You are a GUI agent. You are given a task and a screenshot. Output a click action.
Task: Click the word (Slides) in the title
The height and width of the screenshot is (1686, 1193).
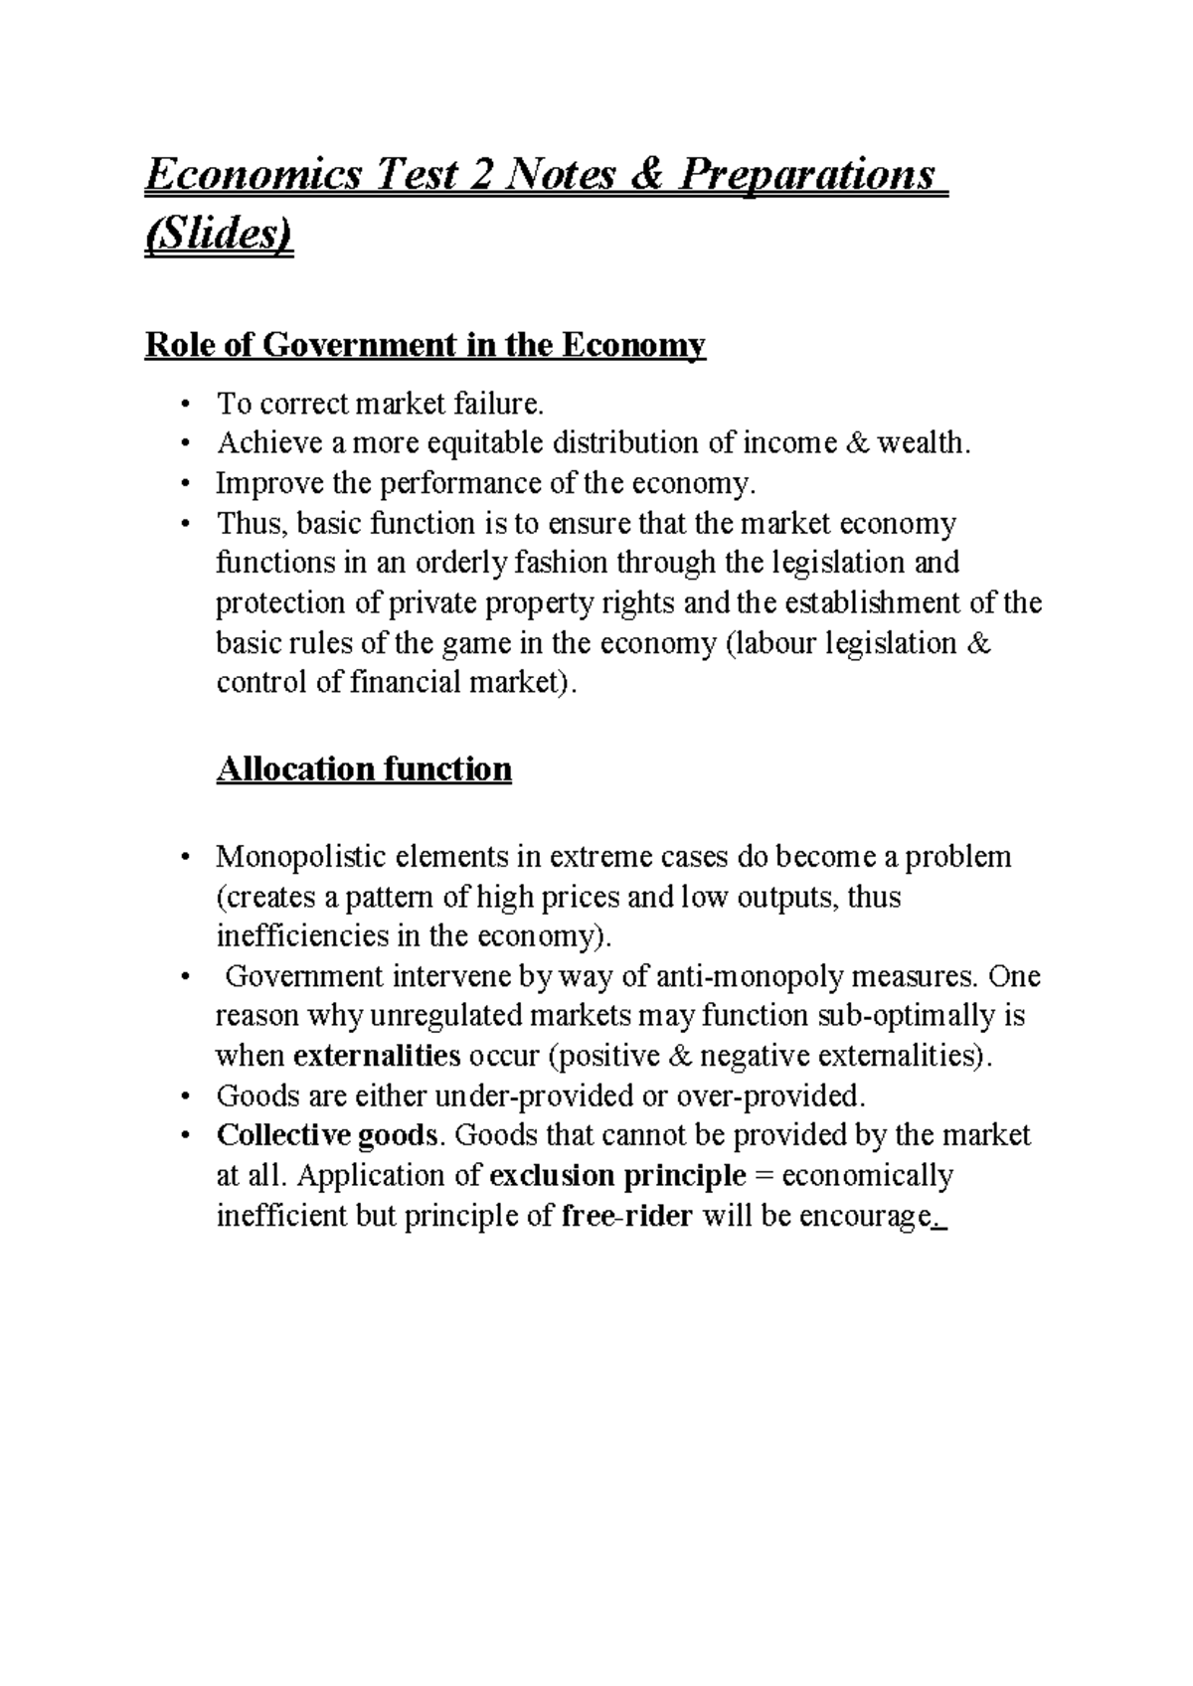pyautogui.click(x=220, y=239)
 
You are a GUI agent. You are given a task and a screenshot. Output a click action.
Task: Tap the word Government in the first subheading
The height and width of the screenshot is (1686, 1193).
pyautogui.click(x=358, y=346)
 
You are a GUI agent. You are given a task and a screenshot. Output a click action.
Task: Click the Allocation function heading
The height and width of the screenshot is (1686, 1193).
pyautogui.click(x=364, y=769)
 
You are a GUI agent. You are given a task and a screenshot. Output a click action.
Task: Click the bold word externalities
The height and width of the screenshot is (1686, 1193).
pyautogui.click(x=378, y=1056)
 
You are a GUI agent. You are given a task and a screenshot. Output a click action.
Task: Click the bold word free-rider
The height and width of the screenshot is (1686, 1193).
pyautogui.click(x=627, y=1216)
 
